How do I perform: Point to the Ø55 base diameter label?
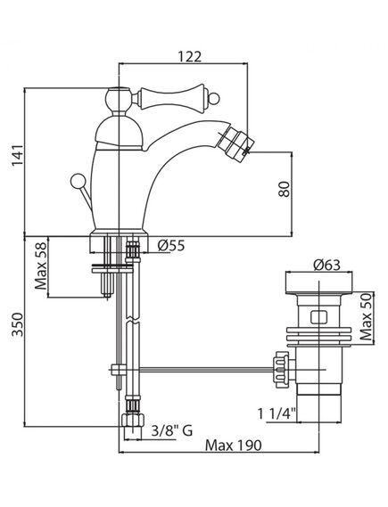coord(170,247)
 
